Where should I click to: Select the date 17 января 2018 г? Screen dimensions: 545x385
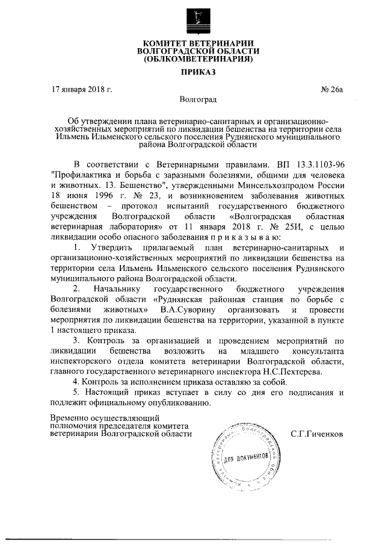coord(82,90)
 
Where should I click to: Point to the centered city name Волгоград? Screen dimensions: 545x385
coord(198,99)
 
